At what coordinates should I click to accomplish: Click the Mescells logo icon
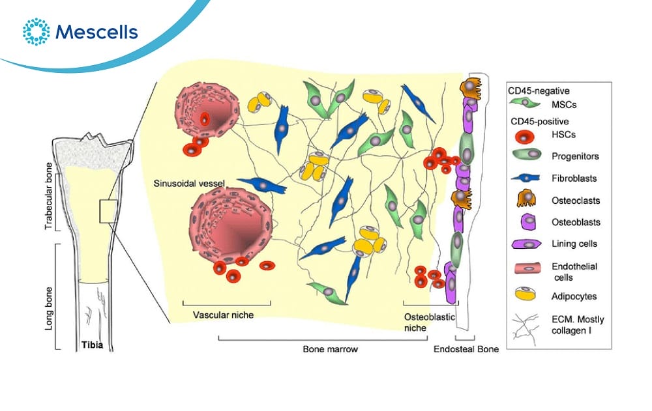tap(36, 31)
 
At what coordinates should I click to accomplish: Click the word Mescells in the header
tap(96, 31)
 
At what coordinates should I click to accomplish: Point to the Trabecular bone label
tap(47, 201)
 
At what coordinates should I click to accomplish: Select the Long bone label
tap(47, 296)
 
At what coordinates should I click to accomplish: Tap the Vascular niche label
tap(223, 315)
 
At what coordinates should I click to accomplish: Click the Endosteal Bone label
tap(466, 349)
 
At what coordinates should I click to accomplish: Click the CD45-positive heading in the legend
tap(537, 121)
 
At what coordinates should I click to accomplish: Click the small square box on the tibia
tap(108, 212)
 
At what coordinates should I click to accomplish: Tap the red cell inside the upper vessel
tap(205, 119)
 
